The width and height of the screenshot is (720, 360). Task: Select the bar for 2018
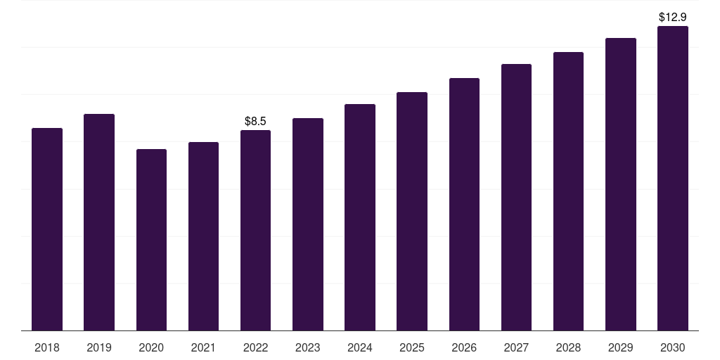47,229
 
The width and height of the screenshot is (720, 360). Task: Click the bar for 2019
99,222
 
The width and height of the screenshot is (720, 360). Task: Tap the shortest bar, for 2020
151,240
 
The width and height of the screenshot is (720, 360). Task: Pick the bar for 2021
203,236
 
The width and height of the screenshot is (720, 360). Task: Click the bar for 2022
255,230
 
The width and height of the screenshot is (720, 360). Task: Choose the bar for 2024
360,217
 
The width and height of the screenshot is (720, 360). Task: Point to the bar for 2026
464,204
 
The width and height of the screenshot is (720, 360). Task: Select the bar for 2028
568,191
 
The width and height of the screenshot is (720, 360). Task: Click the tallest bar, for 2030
673,179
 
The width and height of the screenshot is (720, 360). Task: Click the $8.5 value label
255,122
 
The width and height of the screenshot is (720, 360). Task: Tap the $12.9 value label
673,16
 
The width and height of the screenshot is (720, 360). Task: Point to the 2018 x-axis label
47,347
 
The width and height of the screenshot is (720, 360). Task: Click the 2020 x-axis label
151,347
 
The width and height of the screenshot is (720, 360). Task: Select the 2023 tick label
307,347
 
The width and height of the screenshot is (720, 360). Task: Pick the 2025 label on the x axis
412,347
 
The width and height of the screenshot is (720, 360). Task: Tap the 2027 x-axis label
516,347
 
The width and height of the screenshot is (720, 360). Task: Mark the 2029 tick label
620,347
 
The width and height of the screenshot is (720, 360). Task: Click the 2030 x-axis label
673,347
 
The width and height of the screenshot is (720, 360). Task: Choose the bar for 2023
307,224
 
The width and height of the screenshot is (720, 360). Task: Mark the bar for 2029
620,184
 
